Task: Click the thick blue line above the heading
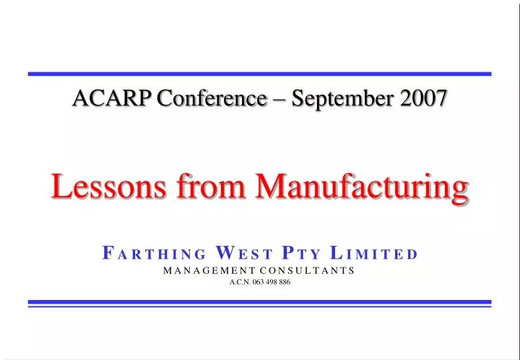coord(260,74)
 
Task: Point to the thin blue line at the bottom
coord(260,307)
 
